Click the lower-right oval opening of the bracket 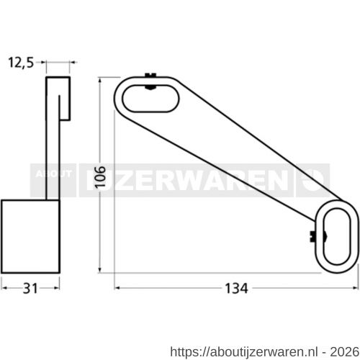point(337,235)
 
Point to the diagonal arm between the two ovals point(238,162)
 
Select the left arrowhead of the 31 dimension point(4,287)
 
